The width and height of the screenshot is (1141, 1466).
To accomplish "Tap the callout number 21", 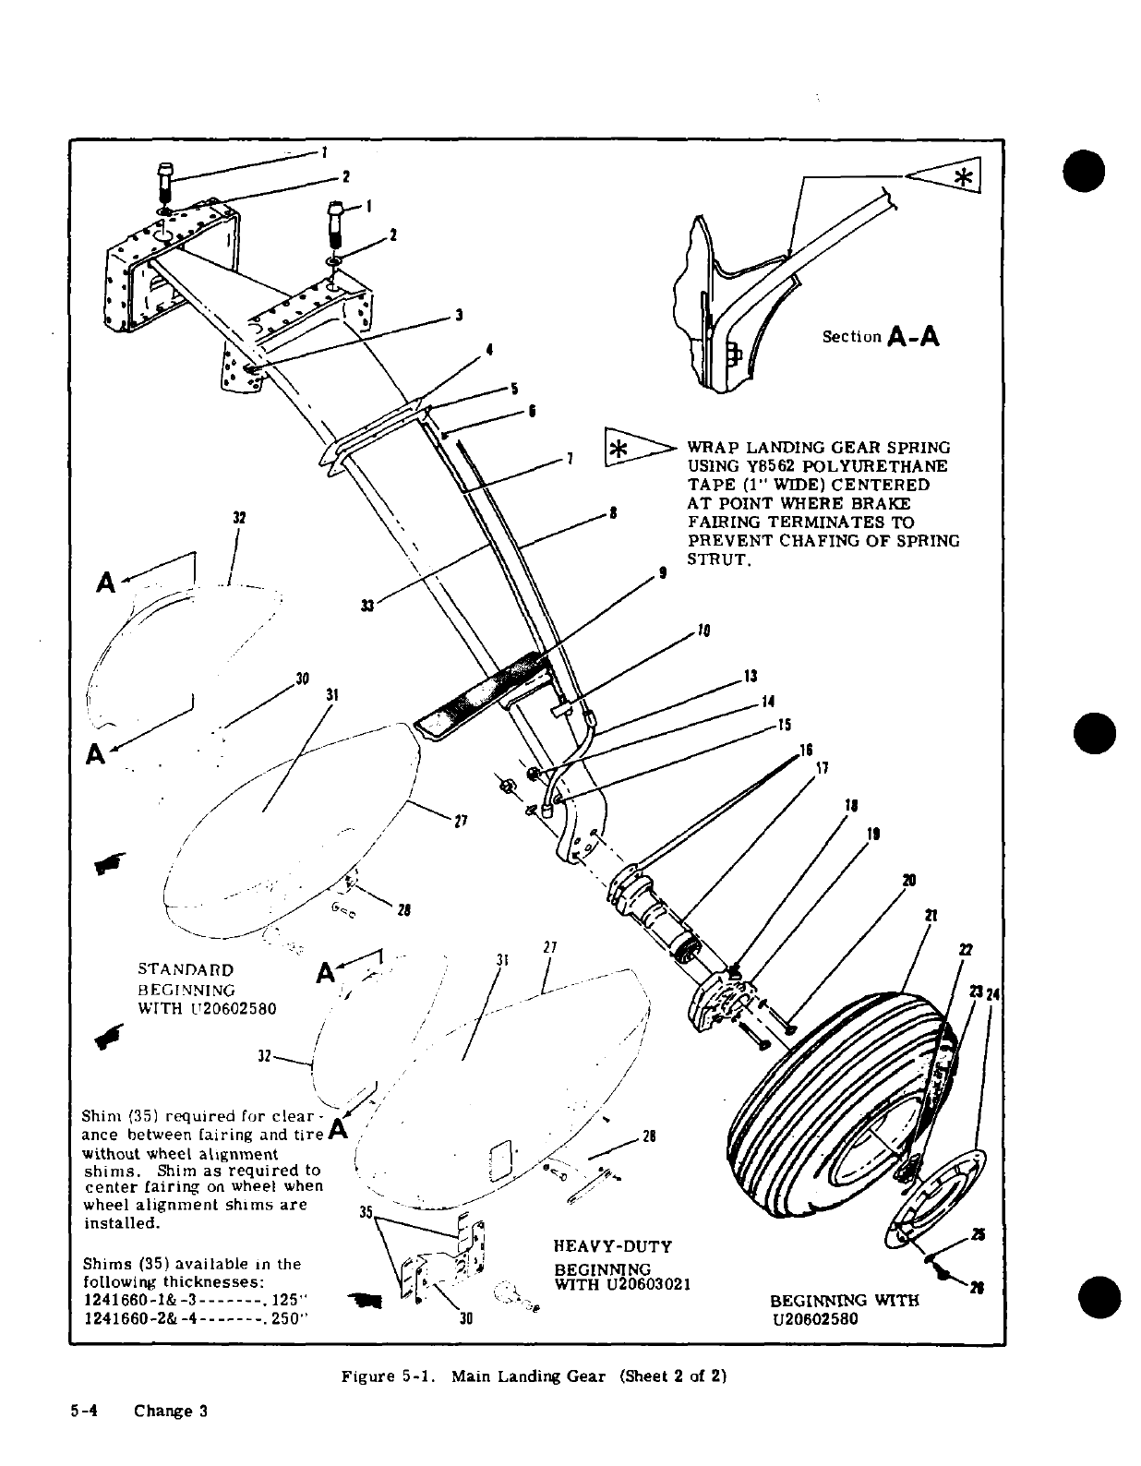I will [x=931, y=915].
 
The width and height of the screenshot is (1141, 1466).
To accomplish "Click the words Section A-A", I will [x=880, y=337].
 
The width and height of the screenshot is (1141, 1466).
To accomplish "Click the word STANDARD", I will [x=185, y=970].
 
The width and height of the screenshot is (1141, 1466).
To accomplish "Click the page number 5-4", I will [x=89, y=1411].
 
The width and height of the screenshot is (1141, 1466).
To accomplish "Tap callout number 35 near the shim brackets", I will [x=365, y=1212].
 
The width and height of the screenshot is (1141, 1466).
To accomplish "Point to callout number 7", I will [x=570, y=459].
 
